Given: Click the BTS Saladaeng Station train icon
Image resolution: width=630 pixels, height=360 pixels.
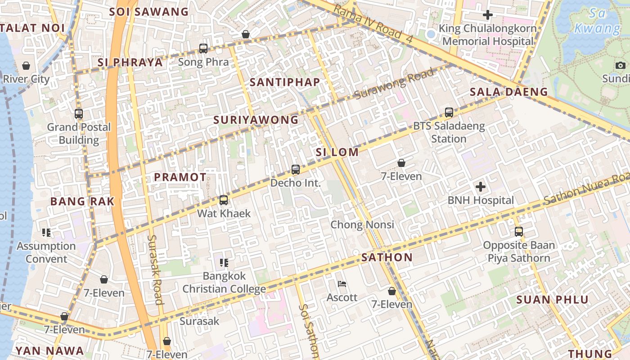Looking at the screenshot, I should [449, 112].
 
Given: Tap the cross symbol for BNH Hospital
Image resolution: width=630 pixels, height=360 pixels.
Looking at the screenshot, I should [480, 186].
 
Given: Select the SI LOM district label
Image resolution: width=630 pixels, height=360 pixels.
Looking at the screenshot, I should [337, 152].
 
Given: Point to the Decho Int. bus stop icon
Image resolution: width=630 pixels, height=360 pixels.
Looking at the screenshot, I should [295, 170].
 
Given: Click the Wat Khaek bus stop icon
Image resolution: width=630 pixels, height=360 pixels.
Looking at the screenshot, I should [223, 200].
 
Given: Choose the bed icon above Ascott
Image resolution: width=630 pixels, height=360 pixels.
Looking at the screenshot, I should [342, 284].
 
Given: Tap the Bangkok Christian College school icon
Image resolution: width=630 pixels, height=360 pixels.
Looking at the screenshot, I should [224, 262].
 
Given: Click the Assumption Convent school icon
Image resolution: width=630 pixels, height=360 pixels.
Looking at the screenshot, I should [46, 232].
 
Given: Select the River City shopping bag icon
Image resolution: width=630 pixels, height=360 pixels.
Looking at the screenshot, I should [26, 66].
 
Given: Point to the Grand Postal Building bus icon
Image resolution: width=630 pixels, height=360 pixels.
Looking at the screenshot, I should [79, 114].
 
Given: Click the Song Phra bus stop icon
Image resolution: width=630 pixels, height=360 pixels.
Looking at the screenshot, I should [203, 48].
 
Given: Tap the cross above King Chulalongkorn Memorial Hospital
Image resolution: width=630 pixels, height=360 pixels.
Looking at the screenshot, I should [487, 15].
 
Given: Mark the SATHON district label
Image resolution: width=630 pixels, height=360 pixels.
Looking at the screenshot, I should [387, 257].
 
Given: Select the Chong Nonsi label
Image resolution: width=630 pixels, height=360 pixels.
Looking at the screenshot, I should [362, 225].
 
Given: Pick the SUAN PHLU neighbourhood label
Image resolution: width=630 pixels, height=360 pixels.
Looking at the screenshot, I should [552, 300].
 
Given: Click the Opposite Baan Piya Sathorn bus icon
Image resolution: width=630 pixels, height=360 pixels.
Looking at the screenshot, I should [518, 232].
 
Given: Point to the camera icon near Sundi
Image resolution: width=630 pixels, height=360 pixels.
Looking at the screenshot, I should [621, 66].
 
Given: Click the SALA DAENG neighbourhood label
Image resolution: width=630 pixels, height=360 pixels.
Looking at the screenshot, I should [508, 92].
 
